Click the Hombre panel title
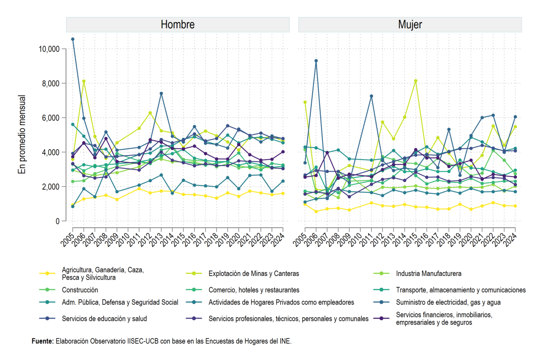point(177,25)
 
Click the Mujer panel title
point(410,25)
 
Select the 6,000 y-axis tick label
point(51,118)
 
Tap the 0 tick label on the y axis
point(57,221)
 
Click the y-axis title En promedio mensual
point(22,134)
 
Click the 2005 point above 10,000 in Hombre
point(73,39)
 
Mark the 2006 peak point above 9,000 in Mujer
point(316,61)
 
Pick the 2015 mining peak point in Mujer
point(415,81)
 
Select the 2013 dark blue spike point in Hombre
point(161,93)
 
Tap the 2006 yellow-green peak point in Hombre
point(84,81)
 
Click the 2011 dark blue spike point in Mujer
point(371,96)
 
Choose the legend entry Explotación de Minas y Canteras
point(254,274)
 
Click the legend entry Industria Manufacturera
point(429,274)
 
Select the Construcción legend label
point(80,290)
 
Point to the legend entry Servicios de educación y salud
point(104,319)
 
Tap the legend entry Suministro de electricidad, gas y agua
point(448,302)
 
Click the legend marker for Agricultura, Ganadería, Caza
point(47,273)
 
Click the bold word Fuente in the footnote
point(43,341)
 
